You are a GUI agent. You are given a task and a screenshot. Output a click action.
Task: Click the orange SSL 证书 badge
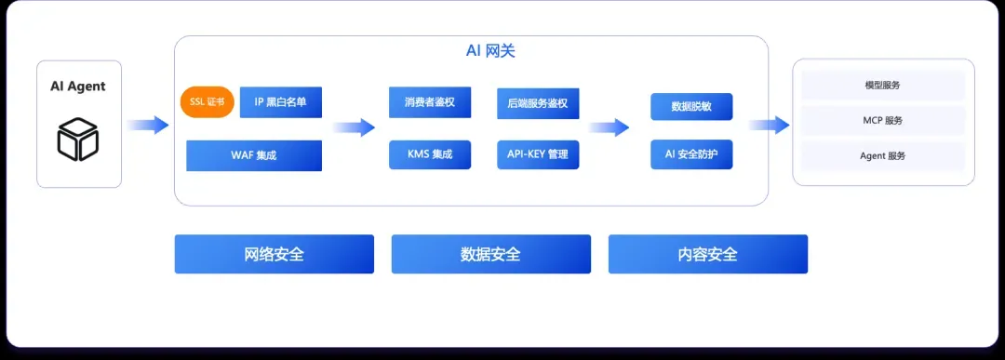[207, 102]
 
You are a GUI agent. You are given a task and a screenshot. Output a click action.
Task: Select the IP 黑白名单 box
[281, 102]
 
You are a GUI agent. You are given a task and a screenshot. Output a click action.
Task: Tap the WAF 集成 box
[254, 155]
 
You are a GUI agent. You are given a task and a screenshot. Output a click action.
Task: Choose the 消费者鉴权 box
[429, 102]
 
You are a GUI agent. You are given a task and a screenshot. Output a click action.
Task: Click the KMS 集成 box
[429, 154]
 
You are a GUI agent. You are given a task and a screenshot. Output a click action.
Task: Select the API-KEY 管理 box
[538, 154]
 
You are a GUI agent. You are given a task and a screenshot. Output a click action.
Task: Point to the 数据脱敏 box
[690, 106]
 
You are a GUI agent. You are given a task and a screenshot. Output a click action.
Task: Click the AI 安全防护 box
[690, 154]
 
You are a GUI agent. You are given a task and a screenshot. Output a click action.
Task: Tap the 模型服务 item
[882, 86]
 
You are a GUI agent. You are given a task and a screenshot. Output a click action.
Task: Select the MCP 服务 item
[882, 120]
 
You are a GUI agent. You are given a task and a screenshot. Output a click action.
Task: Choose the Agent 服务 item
[882, 155]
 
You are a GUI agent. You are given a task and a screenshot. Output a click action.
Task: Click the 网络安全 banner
[275, 254]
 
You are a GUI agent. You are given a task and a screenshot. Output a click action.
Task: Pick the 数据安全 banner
[491, 254]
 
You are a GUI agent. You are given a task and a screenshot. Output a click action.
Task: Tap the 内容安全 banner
[707, 254]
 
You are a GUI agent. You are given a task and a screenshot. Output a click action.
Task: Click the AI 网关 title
[490, 51]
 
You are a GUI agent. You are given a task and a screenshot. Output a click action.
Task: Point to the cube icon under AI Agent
[77, 139]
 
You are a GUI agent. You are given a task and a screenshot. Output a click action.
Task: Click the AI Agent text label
[78, 87]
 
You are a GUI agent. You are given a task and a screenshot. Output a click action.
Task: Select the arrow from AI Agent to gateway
[148, 125]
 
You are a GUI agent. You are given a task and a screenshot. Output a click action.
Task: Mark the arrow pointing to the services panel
[770, 125]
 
